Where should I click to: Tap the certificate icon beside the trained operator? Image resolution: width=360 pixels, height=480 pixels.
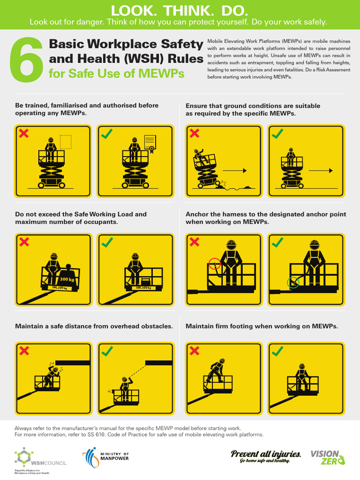[150, 142]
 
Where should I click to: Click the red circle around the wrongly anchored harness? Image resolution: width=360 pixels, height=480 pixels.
[215, 264]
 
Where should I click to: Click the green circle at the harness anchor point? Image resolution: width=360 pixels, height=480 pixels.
[293, 282]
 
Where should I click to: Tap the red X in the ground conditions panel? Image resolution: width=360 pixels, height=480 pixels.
[194, 133]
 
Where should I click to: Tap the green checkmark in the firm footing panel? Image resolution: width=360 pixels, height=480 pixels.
[277, 351]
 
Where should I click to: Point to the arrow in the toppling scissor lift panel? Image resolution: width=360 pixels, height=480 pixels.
[234, 171]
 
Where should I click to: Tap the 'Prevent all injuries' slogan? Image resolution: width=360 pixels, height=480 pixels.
[266, 456]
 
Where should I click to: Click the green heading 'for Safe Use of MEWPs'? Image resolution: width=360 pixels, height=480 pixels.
[116, 74]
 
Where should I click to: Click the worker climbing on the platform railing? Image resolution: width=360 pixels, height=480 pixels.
[216, 370]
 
